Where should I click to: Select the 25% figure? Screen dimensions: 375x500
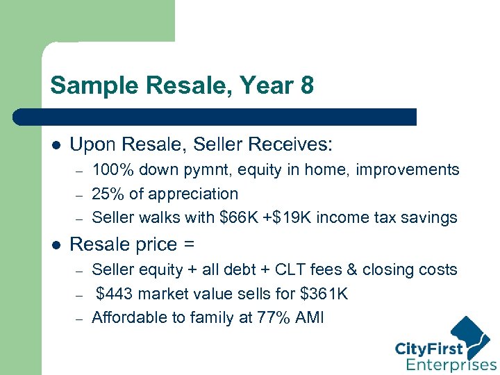(106, 194)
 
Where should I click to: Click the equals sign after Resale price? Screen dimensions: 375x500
(188, 244)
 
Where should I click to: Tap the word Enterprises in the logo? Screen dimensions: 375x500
(451, 365)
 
